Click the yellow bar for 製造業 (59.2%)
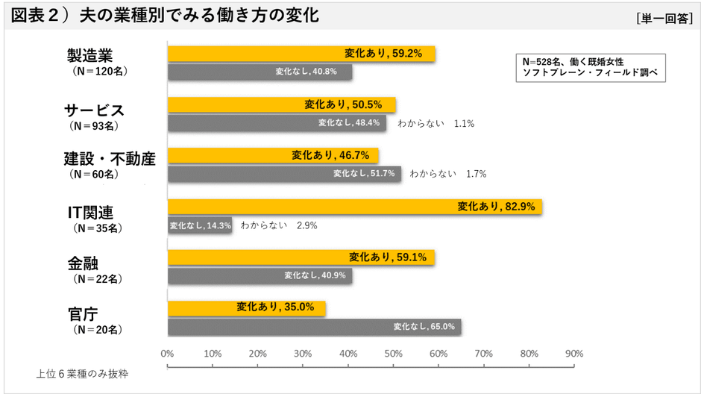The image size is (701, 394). tap(301, 54)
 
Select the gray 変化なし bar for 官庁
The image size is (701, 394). tap(314, 327)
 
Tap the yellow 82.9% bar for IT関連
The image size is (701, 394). tap(354, 207)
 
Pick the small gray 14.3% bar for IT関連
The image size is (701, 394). tap(199, 225)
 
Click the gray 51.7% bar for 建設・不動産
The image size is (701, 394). tap(283, 174)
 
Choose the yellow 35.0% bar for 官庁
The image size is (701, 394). tap(246, 307)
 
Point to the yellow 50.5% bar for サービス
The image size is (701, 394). tap(281, 105)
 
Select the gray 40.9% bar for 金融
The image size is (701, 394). tap(260, 276)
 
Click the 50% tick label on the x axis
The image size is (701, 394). tap(394, 353)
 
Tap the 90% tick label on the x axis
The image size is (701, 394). tap(574, 353)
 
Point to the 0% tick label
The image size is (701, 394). tap(167, 353)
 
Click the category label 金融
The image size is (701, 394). tap(84, 263)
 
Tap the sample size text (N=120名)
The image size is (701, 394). tap(95, 72)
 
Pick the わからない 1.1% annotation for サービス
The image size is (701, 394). tap(436, 123)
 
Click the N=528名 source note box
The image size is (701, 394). tap(588, 67)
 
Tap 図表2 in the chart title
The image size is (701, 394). tap(37, 16)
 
